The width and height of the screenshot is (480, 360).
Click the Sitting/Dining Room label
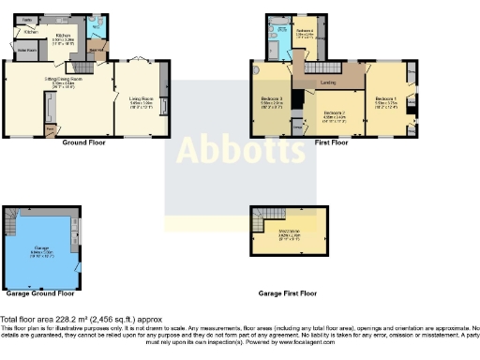click(58, 82)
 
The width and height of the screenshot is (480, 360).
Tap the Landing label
click(329, 82)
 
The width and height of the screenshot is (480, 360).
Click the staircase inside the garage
click(11, 225)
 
